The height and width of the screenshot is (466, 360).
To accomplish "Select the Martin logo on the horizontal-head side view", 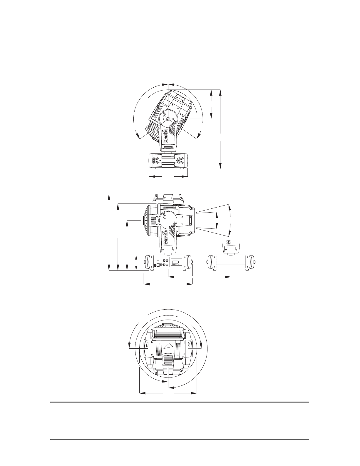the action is (165, 238).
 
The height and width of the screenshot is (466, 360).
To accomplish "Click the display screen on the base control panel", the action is (176, 262).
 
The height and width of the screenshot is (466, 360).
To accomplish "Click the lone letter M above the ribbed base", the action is (229, 242).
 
